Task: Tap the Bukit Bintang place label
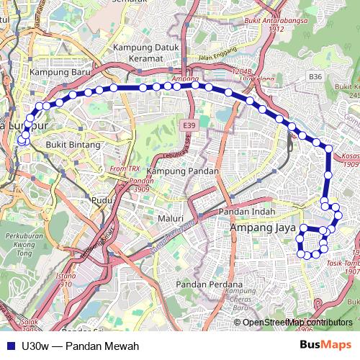pyautogui.click(x=70, y=144)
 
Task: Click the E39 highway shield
pyautogui.click(x=189, y=125)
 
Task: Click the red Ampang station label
pyautogui.click(x=185, y=78)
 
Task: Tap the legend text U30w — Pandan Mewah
pyautogui.click(x=70, y=346)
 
